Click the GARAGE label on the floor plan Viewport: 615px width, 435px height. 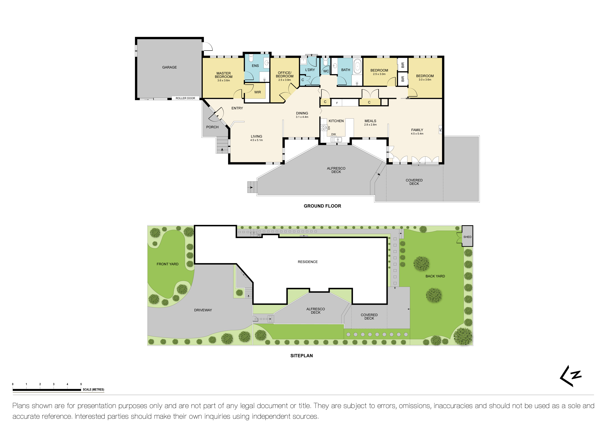point(169,67)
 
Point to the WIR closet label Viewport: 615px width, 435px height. point(257,92)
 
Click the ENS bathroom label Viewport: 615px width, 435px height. point(255,66)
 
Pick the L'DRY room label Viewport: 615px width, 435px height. point(310,70)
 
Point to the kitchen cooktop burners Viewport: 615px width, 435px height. point(323,128)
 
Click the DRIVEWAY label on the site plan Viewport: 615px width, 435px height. point(203,310)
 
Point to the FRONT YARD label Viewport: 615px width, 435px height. point(167,264)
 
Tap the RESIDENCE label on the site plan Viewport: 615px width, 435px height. point(307,262)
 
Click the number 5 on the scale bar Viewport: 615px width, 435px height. point(81,384)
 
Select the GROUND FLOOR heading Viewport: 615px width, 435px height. point(322,206)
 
